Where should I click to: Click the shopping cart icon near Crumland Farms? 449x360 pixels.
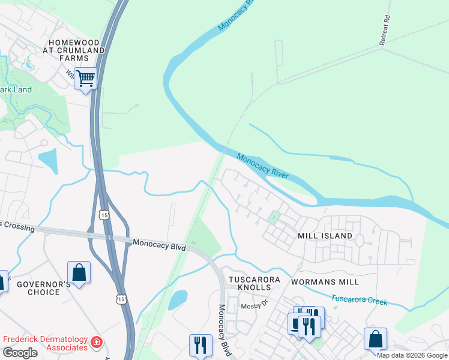(x=86, y=79)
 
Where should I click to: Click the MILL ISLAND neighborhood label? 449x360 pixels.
(x=325, y=236)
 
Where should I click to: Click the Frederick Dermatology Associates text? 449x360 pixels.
(x=45, y=343)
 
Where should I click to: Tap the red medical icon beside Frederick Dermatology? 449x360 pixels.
(x=96, y=343)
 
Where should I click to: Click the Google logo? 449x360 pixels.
(x=20, y=353)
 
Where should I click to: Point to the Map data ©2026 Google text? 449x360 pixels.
(x=412, y=355)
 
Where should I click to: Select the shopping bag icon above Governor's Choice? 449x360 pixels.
(x=79, y=274)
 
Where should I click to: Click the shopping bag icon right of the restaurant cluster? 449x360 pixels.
(x=375, y=339)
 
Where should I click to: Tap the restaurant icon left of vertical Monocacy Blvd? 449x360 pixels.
(x=200, y=345)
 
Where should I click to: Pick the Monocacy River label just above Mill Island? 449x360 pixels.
(x=262, y=167)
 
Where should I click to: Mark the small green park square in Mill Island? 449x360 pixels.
(x=275, y=217)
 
